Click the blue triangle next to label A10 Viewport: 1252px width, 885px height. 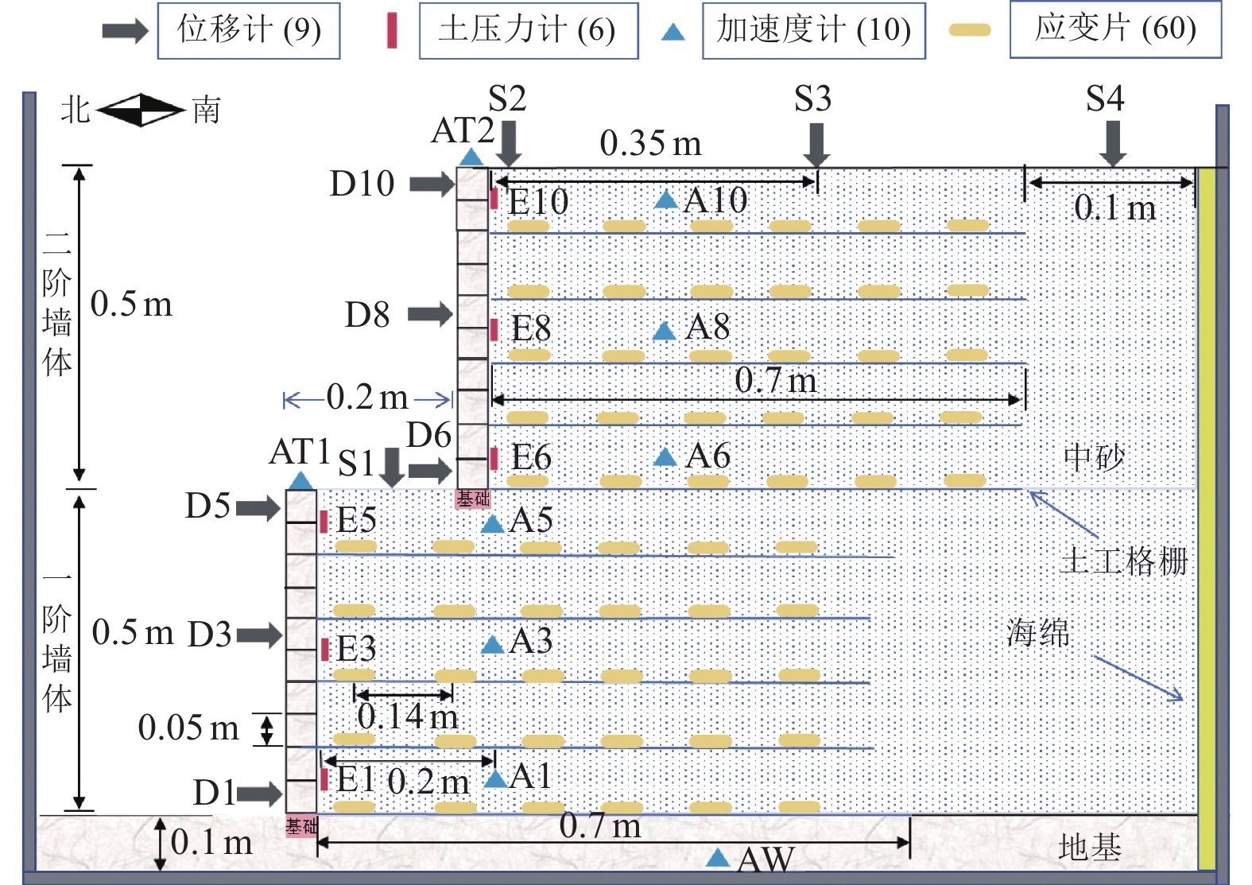coord(665,200)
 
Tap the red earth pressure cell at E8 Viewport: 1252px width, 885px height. coord(494,329)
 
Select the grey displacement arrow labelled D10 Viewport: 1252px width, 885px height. coord(432,184)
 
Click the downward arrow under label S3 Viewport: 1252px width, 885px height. coord(816,144)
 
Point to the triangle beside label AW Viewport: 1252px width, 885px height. coord(718,857)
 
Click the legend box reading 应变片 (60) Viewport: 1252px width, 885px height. coord(1114,29)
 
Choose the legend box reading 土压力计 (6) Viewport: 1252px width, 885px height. coord(528,31)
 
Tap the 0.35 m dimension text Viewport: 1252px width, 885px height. coord(650,144)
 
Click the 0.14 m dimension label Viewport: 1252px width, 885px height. coord(407,717)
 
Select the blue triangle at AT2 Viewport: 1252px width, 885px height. coord(471,157)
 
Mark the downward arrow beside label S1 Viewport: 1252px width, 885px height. coord(391,467)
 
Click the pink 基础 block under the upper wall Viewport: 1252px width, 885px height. coord(473,499)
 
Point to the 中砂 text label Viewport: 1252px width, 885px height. coord(1094,457)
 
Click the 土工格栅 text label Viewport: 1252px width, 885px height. coord(1124,561)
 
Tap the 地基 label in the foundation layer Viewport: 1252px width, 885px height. coord(1089,848)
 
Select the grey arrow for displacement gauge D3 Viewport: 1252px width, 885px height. coord(259,635)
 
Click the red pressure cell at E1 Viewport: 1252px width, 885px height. coord(324,779)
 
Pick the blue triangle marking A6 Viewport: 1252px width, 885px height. coord(665,457)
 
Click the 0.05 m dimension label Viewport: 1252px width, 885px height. coord(188,728)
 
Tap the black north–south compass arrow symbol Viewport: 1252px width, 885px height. coord(141,110)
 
